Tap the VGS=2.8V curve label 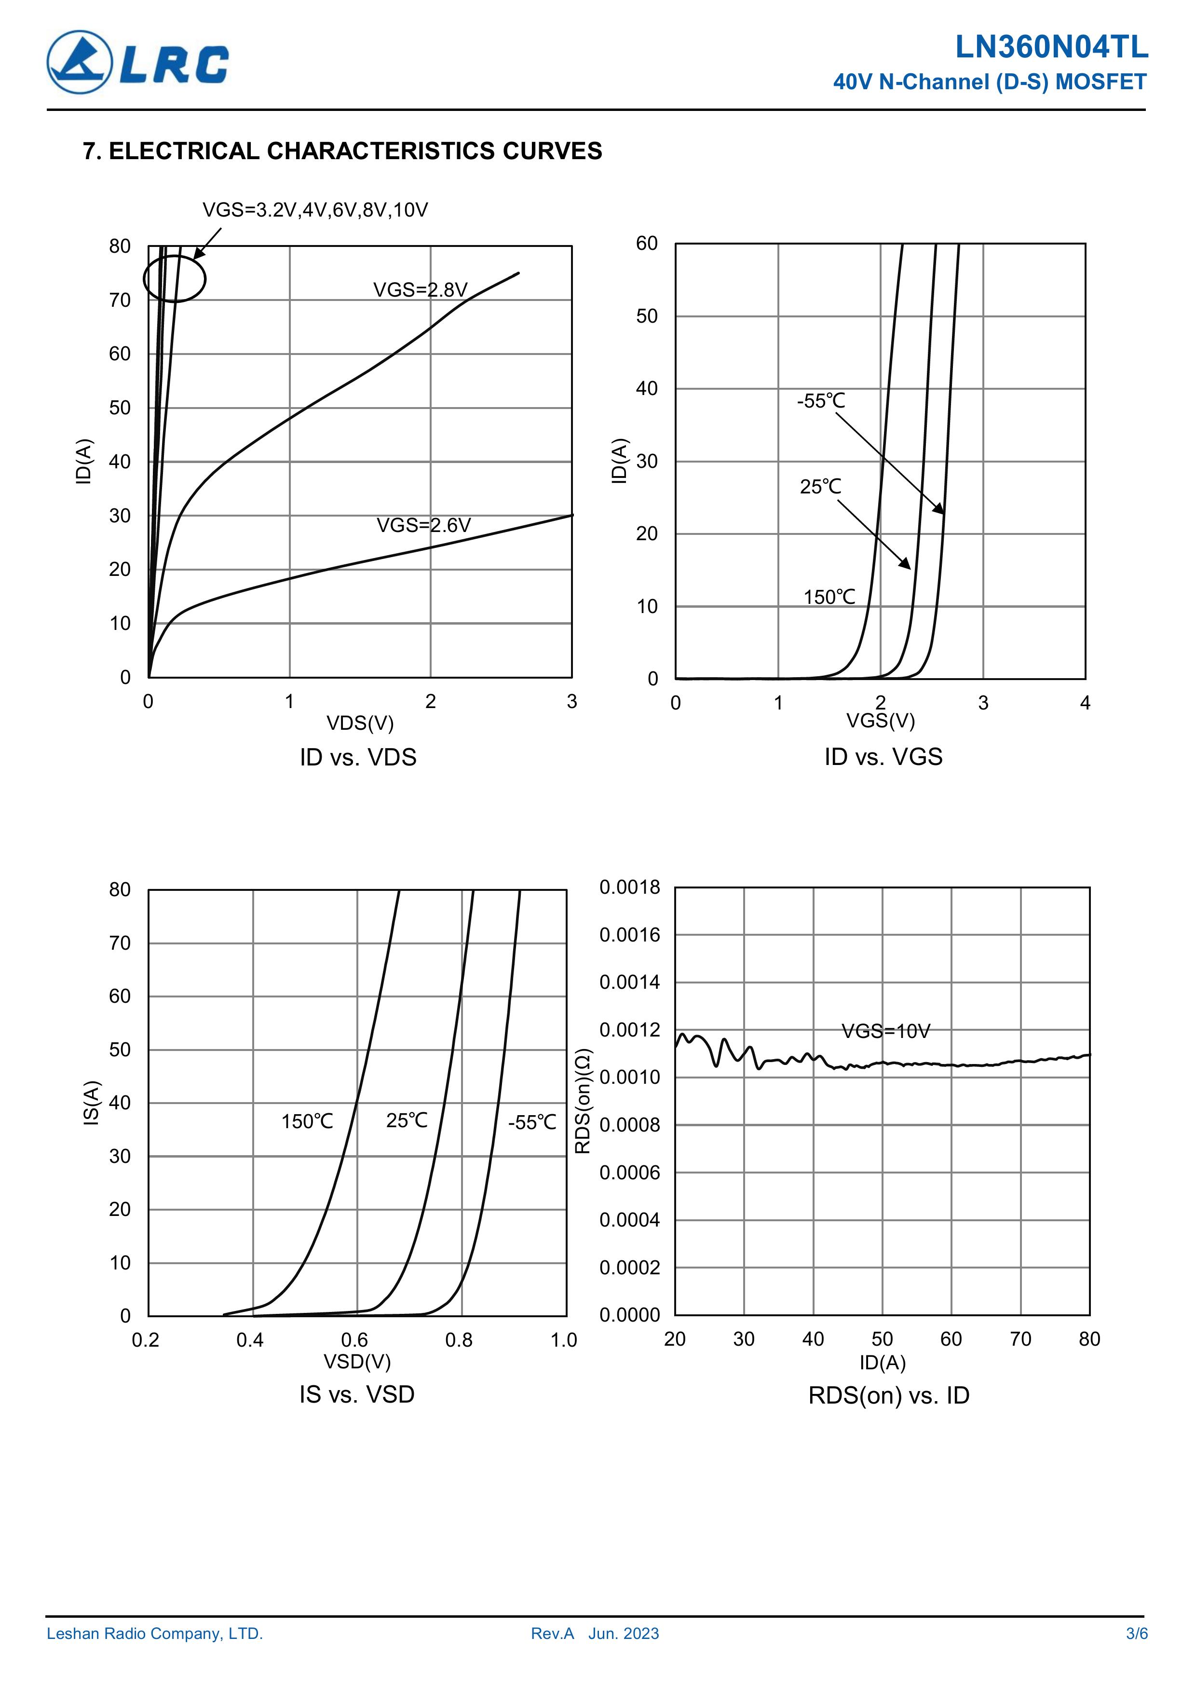click(420, 290)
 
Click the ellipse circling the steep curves click(175, 279)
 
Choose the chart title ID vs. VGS click(883, 757)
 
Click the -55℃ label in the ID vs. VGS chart click(820, 401)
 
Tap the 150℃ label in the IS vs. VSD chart click(307, 1121)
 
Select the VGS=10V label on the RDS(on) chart click(886, 1031)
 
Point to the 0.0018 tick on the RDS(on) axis click(629, 887)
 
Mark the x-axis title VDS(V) click(360, 723)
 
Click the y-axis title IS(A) click(91, 1103)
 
